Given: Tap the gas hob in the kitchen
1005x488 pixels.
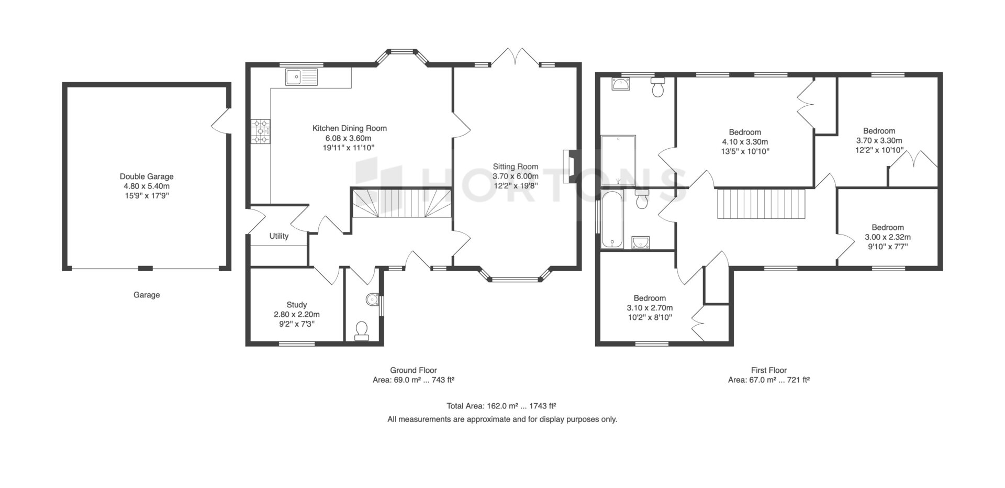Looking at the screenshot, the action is (261, 131).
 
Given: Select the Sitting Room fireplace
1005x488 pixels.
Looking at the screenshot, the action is (568, 167).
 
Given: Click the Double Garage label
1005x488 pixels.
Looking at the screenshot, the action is (147, 176).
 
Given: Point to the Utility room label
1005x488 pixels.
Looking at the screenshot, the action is (279, 236).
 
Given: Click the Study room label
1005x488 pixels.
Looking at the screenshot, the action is (297, 305).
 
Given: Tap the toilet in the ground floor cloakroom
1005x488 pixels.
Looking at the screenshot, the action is (362, 331).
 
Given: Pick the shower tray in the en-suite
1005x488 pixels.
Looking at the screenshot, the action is (618, 160).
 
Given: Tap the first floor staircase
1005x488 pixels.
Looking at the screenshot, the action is (760, 204).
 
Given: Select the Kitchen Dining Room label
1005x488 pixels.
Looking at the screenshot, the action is (350, 128).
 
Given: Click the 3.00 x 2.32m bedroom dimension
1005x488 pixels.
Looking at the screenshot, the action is (887, 237).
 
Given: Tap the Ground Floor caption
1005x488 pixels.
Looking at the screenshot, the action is (414, 370).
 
